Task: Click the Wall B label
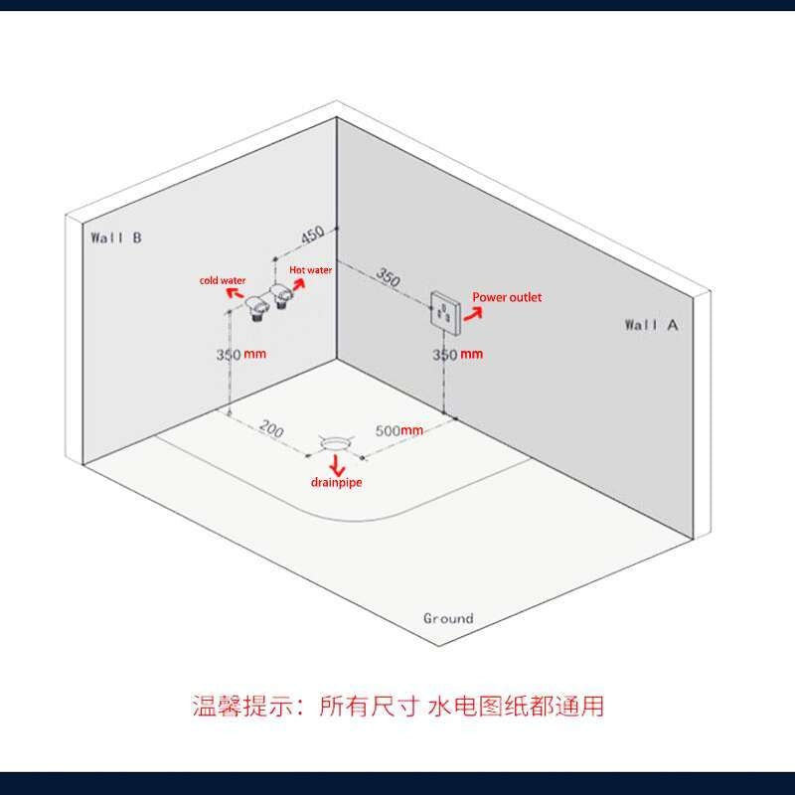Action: (116, 238)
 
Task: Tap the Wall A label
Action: (651, 324)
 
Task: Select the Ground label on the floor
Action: (448, 618)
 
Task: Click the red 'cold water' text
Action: (223, 281)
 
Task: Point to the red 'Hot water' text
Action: (310, 269)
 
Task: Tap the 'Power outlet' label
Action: (507, 297)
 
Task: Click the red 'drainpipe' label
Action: (336, 482)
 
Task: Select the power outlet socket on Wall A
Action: (443, 313)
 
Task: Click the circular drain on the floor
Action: (336, 441)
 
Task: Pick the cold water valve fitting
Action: (258, 306)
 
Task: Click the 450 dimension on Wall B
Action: (312, 236)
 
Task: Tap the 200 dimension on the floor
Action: (271, 430)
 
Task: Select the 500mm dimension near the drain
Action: (399, 430)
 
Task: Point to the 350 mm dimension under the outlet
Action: (457, 354)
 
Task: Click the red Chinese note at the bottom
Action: (397, 707)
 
